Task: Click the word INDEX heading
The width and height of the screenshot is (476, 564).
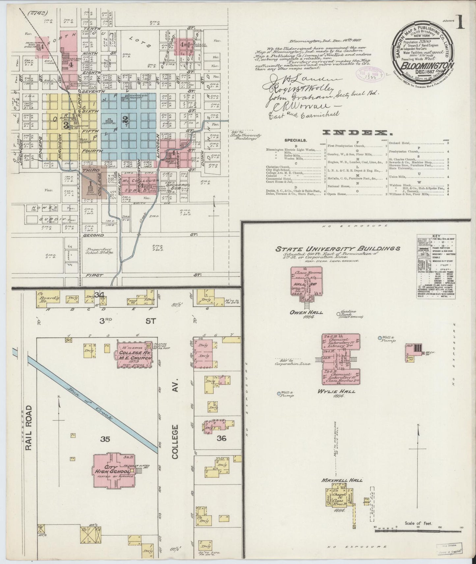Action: click(x=355, y=133)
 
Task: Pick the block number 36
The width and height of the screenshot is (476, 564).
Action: click(x=221, y=438)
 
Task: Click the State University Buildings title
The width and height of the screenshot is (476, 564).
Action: click(x=338, y=249)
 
